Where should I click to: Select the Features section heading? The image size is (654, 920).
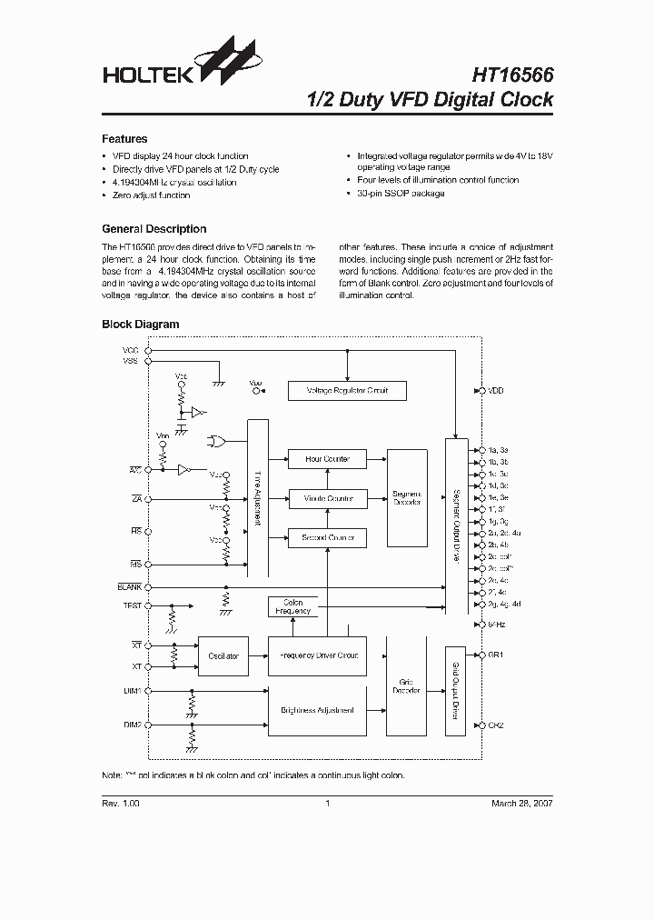point(124,139)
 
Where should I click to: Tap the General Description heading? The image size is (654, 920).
point(154,229)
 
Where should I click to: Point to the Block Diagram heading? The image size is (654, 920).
point(140,324)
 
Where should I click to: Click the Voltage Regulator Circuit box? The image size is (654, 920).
point(346,391)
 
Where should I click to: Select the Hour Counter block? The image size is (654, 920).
point(327,459)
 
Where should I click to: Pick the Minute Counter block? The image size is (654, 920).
point(327,499)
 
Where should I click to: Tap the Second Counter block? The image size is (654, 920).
point(327,538)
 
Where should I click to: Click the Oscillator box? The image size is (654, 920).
point(223,655)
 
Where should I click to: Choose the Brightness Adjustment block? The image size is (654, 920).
point(317,709)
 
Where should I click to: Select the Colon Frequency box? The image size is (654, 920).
point(293,606)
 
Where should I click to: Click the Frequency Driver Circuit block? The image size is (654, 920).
point(317,655)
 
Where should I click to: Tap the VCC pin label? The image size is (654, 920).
point(132,350)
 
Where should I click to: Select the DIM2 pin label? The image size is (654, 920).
point(132,725)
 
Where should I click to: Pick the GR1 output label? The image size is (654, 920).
point(496,655)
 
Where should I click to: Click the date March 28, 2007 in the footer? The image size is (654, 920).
point(521,804)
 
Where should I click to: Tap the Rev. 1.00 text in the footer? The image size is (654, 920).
point(121,804)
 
